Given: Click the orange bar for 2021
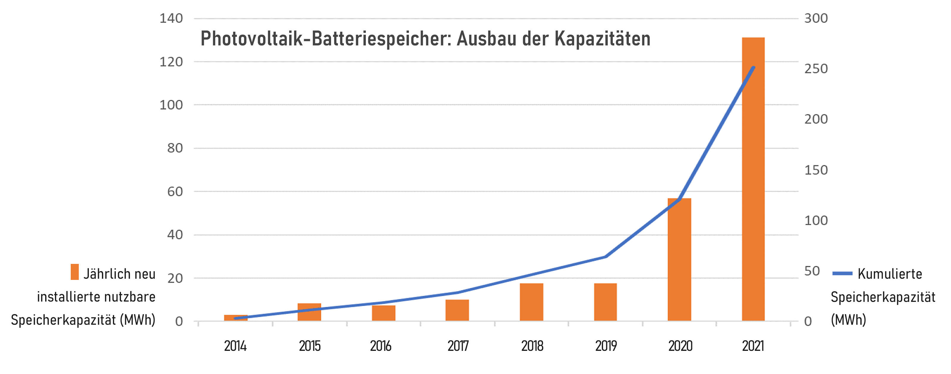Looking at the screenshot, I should coord(753,179).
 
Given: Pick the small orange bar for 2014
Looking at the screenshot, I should coord(236,318).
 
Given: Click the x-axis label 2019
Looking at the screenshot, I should coord(606,346).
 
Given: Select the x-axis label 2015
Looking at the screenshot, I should coord(309,346).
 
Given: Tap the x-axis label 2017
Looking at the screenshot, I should coord(458,346).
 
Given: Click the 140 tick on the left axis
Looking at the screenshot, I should coord(171,18).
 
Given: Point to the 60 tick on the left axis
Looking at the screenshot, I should coord(175,191).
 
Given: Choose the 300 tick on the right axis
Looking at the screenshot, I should coord(816,18).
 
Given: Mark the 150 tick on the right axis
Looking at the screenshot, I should coord(816,170).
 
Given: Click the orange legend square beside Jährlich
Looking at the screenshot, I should coord(75,272).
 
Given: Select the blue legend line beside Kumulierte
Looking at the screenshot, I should coord(842,273).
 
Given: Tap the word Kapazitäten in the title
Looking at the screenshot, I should coord(602,39).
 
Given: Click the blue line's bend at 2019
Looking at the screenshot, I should coord(605,256).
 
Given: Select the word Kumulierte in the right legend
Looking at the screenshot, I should coord(890,274).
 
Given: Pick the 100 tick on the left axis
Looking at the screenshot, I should coord(171,105).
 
